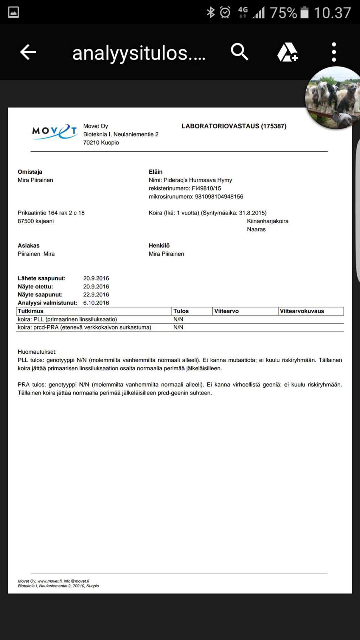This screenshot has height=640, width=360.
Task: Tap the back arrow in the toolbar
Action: (x=28, y=52)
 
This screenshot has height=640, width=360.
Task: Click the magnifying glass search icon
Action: (x=239, y=52)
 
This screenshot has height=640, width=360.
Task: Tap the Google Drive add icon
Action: (x=287, y=52)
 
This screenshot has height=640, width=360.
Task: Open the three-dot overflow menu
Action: (x=334, y=52)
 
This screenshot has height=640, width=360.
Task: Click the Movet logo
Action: (x=55, y=132)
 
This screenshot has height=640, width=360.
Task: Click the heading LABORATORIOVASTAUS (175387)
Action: (x=234, y=126)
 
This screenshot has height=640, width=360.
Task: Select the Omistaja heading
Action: (x=30, y=172)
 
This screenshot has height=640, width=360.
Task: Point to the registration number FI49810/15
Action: (x=206, y=188)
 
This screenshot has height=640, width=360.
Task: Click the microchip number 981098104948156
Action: (x=219, y=197)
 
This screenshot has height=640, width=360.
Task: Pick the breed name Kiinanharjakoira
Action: (x=268, y=221)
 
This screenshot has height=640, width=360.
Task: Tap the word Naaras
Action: (x=256, y=229)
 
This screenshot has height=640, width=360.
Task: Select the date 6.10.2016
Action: (x=96, y=303)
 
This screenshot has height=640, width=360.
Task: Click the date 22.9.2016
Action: (x=96, y=295)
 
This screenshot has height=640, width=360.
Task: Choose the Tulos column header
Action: (x=181, y=311)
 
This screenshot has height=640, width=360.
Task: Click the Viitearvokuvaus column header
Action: (x=302, y=311)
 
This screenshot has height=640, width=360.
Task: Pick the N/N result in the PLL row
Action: (x=178, y=319)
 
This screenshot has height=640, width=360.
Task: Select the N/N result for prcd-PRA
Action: (x=178, y=327)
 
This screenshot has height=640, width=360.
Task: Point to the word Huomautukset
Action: (x=37, y=352)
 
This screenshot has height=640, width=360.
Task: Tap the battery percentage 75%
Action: (x=283, y=13)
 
